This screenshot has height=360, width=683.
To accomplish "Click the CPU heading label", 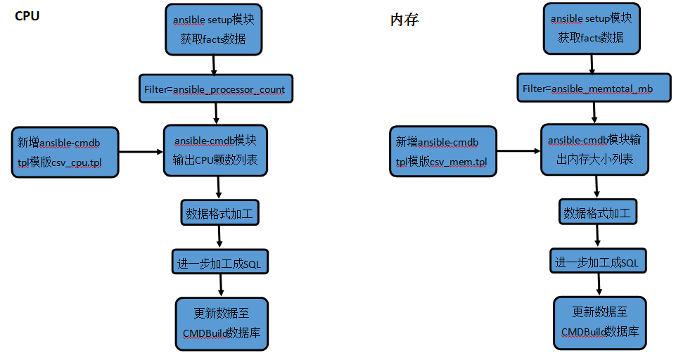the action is tap(27, 16).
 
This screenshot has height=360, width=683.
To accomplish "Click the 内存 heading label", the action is tap(404, 20).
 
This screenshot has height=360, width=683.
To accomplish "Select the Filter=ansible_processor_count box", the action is tap(216, 89).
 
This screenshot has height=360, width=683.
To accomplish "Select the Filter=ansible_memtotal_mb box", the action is tap(594, 88).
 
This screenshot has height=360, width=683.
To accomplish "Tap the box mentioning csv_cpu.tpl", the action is tap(65, 153).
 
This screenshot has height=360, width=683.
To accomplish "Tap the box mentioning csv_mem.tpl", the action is tap(443, 151).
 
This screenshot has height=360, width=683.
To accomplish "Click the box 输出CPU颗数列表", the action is tap(215, 150).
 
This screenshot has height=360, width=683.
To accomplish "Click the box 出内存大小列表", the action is tap(594, 150).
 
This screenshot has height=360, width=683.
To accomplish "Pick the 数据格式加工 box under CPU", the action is tap(219, 213).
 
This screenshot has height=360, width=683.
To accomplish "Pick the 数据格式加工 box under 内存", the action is tap(598, 212).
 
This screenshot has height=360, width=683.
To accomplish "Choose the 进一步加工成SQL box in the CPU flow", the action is tap(219, 262).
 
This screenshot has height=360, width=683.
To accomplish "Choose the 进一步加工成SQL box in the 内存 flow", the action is tap(598, 261).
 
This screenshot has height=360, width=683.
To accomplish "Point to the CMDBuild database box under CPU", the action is tap(222, 324).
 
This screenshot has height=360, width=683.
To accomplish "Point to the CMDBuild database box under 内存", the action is tap(599, 323).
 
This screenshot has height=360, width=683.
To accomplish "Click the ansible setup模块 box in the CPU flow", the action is tap(213, 30).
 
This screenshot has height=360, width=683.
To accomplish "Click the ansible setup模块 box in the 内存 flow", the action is tap(592, 28).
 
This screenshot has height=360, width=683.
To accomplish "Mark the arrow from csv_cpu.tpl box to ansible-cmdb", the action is tap(141, 152).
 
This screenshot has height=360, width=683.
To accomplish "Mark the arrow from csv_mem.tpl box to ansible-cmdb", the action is tap(519, 151).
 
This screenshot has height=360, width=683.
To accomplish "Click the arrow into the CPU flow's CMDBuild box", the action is tap(221, 285).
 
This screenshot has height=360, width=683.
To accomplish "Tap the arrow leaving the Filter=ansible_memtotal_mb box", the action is tap(594, 113).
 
